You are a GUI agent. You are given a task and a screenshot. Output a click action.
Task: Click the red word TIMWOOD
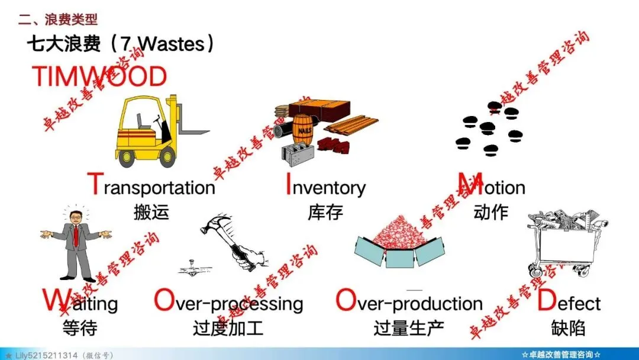point(99,76)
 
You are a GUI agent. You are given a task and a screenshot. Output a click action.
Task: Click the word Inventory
point(326,185)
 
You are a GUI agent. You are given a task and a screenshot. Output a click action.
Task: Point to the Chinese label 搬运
point(151,213)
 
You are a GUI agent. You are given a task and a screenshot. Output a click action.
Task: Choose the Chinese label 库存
point(325,213)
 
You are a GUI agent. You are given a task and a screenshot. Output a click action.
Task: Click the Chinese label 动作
point(490,212)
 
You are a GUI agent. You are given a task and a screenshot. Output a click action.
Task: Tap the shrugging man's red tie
point(76,236)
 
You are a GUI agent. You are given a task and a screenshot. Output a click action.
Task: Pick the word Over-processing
point(228,302)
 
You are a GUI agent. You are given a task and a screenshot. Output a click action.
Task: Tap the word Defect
point(569,301)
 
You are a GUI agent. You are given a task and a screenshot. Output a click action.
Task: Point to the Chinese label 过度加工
point(228,328)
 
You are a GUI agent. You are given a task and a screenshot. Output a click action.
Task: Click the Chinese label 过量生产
point(409,328)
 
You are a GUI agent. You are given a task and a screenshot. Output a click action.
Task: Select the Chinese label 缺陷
point(568,328)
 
